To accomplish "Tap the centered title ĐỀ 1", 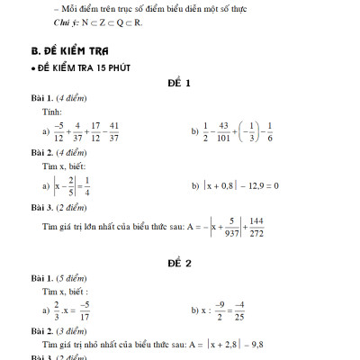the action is (179, 84).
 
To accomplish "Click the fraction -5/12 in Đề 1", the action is (59, 131).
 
